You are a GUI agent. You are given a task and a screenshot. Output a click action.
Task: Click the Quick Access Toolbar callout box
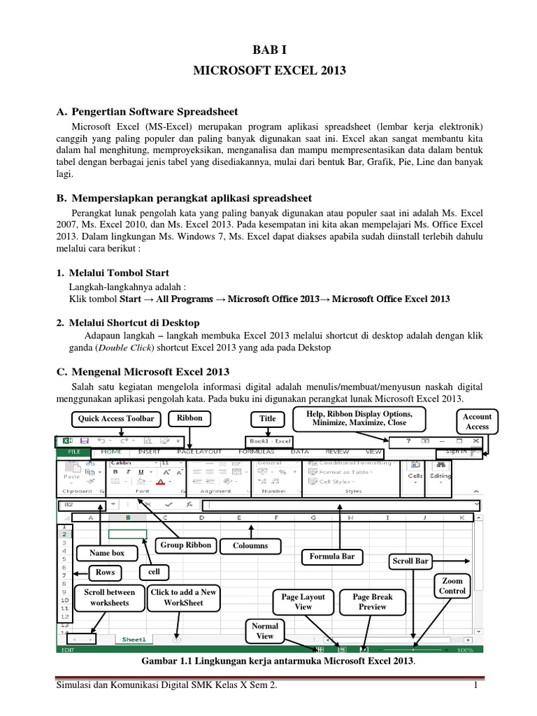[x=111, y=419]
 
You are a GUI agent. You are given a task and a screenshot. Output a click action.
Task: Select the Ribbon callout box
[x=189, y=418]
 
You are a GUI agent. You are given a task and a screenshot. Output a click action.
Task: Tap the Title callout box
[x=268, y=419]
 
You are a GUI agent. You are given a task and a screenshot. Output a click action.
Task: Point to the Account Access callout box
[x=478, y=422]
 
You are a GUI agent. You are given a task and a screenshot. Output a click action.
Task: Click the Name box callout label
[x=106, y=553]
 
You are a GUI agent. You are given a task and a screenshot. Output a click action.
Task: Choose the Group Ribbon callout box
[x=185, y=545]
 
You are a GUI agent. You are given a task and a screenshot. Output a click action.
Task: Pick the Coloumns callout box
[x=250, y=545]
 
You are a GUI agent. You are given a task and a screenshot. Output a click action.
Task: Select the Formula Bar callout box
[x=338, y=557]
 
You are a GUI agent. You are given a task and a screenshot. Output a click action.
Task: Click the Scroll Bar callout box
[x=410, y=561]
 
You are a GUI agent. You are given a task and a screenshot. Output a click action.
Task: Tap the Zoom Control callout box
[x=452, y=586]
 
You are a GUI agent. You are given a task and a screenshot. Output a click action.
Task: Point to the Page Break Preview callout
[x=372, y=602]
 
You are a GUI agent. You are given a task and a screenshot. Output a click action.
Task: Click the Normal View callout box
[x=265, y=631]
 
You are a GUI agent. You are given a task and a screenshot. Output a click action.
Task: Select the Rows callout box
[x=106, y=572]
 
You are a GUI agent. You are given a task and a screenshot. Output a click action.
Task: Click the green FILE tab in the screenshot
[x=73, y=452]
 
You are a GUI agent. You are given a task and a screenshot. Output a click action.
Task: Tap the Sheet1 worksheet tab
[x=134, y=639]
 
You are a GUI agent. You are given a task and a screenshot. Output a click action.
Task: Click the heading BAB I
[x=268, y=51]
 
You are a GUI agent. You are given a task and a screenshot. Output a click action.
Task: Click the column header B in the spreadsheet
[x=128, y=517]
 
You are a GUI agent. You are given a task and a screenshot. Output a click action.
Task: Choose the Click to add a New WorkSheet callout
[x=185, y=597]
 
